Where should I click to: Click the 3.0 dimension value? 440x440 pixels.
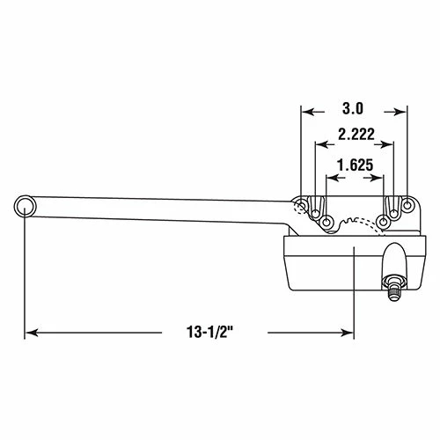point(353,111)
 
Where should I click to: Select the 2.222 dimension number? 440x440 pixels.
point(355,137)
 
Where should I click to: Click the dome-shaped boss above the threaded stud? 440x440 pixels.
point(392,259)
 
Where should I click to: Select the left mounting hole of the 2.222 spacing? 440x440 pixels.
point(316,211)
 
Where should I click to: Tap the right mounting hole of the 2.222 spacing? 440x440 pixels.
point(393,211)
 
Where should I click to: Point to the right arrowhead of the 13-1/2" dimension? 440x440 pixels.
point(348,333)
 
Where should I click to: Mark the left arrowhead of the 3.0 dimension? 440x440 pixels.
point(305,111)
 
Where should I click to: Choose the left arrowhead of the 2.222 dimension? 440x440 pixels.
point(319,137)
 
